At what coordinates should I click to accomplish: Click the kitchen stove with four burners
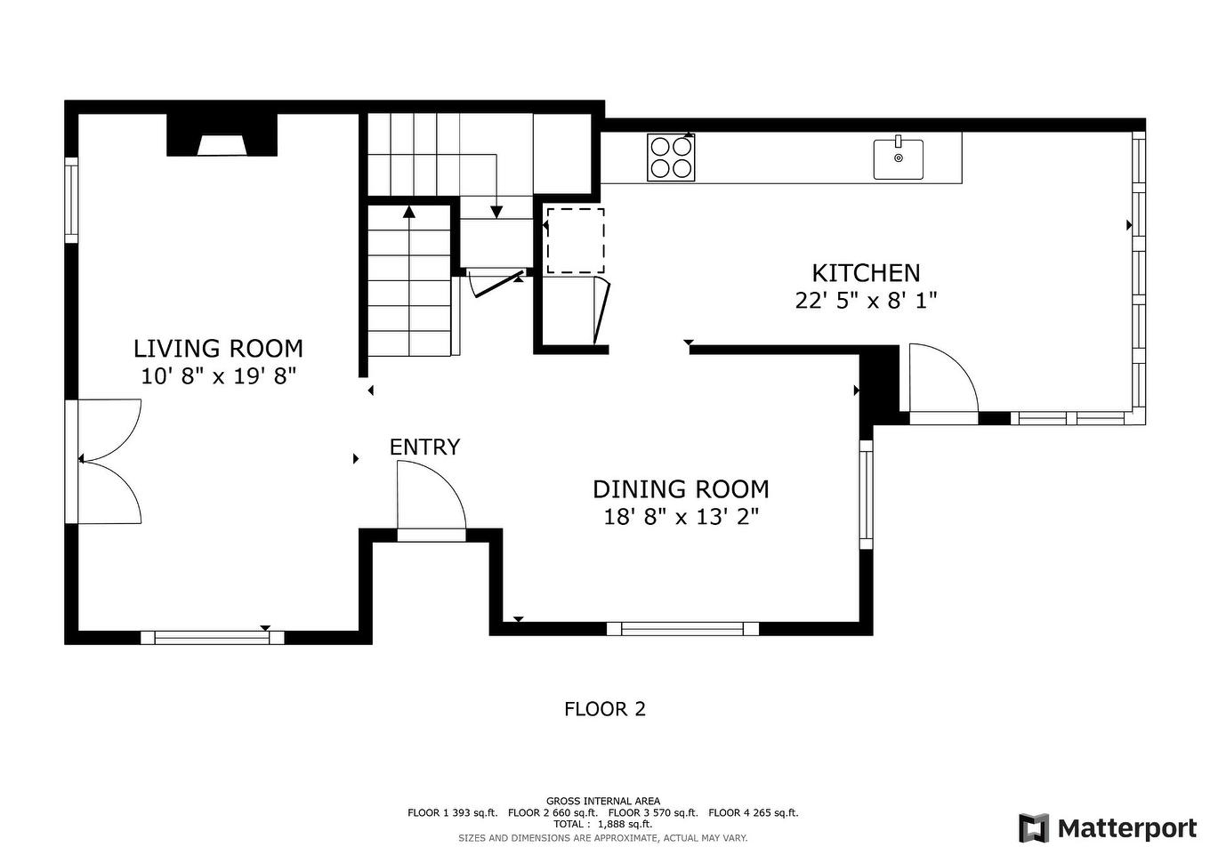click(x=671, y=157)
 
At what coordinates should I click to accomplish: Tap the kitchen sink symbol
click(x=898, y=159)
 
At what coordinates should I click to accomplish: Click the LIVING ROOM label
click(x=218, y=348)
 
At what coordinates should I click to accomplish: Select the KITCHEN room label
click(x=865, y=273)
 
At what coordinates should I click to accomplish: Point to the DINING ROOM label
click(x=681, y=489)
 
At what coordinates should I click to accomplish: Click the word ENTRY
click(x=424, y=447)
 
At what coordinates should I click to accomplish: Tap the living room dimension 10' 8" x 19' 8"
click(x=218, y=375)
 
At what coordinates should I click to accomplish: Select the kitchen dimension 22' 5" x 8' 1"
click(x=865, y=301)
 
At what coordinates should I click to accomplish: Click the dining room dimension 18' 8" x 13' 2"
click(x=681, y=517)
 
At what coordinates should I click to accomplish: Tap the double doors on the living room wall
click(x=107, y=461)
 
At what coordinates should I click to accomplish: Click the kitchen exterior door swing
click(x=941, y=381)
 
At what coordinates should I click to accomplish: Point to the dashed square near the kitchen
click(x=575, y=240)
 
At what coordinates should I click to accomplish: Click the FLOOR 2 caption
click(x=604, y=709)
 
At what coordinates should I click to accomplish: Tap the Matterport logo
click(x=1108, y=828)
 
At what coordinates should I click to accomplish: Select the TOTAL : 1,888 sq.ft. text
click(x=602, y=824)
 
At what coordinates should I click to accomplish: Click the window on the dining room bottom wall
click(x=682, y=629)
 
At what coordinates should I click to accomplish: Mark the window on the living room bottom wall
click(x=212, y=637)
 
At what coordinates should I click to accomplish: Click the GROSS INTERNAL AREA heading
click(x=602, y=801)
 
